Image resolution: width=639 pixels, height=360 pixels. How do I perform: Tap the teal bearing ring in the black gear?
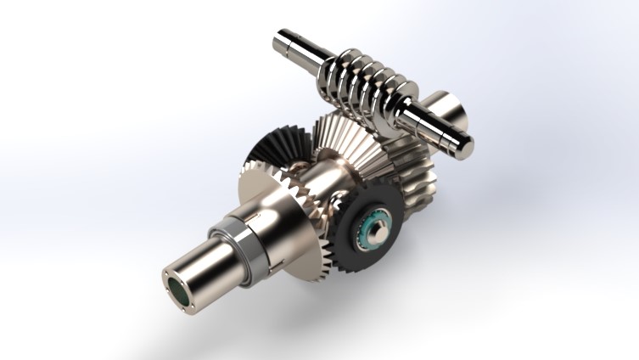(x=373, y=231)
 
